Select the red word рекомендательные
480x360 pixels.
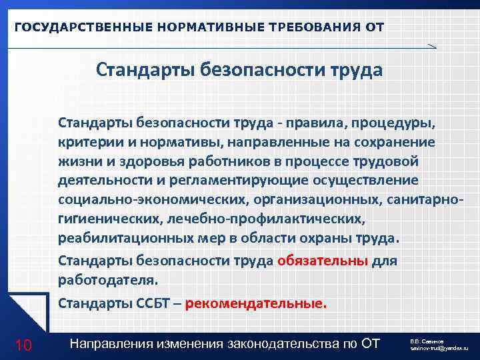(256, 304)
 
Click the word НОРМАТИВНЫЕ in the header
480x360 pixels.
(210, 27)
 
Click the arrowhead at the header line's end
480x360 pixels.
(432, 46)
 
